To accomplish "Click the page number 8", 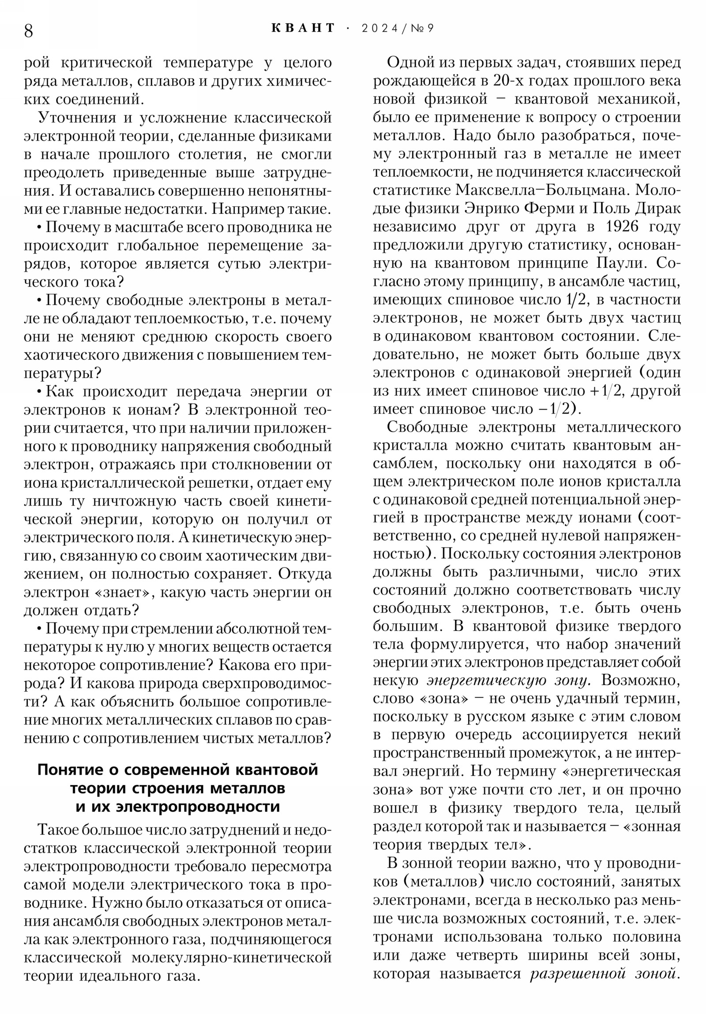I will (28, 31).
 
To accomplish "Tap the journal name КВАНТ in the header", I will (303, 28).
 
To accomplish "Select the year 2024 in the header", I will (379, 29).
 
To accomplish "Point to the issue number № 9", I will (422, 29).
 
